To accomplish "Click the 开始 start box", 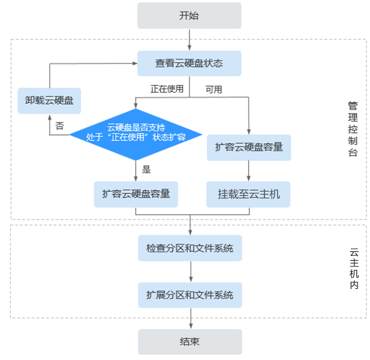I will tap(189, 16).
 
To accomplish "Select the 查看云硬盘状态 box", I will tap(189, 63).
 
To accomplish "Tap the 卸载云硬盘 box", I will tap(49, 101).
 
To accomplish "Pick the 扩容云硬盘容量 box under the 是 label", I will tap(136, 194).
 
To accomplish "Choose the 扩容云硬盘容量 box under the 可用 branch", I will tap(249, 148).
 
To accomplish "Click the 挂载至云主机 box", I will tap(249, 194).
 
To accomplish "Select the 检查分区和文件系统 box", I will tap(190, 248).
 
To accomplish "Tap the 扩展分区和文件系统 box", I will tap(190, 295).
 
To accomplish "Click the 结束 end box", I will tap(190, 342).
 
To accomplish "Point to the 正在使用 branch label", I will tap(167, 89).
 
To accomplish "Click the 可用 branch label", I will tap(213, 89).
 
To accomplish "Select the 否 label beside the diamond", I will tap(59, 126).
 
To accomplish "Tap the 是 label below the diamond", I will tap(146, 170).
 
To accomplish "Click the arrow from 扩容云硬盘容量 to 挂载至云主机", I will tap(249, 171).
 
